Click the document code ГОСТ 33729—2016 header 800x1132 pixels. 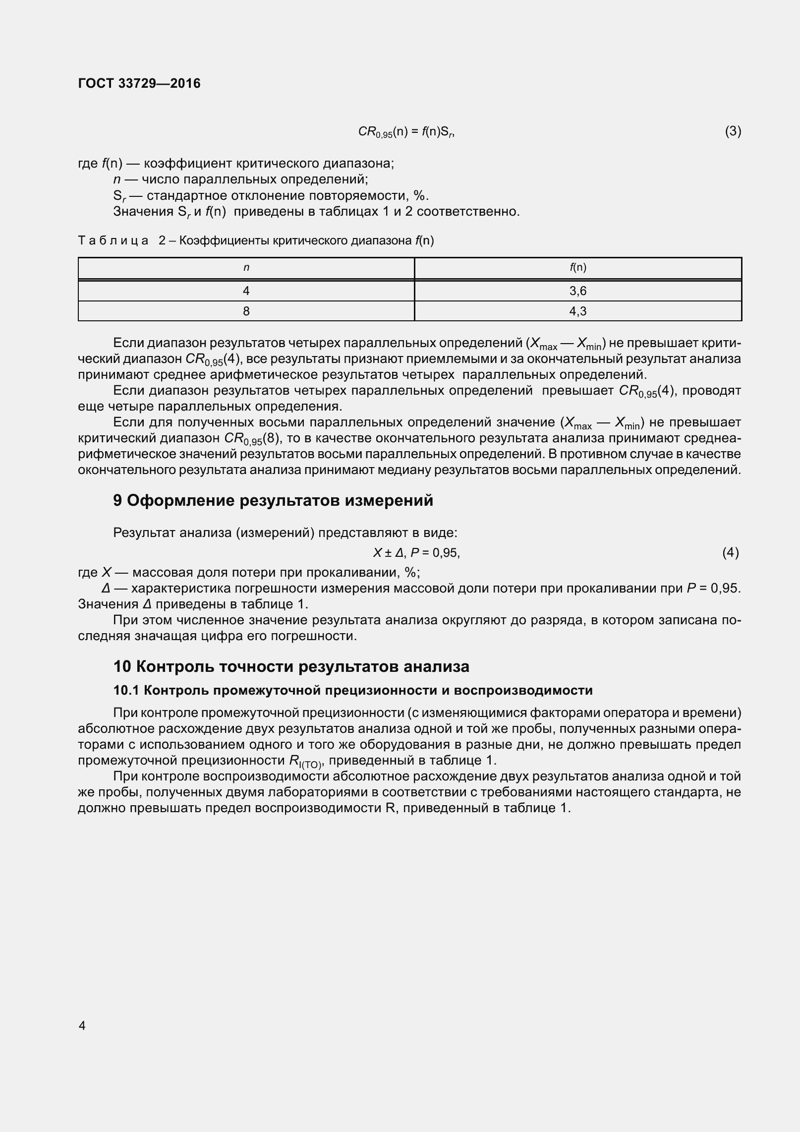pyautogui.click(x=139, y=83)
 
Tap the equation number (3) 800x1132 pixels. pyautogui.click(x=733, y=131)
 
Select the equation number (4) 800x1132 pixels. pyautogui.click(x=730, y=552)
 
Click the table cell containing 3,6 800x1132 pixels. pyautogui.click(x=577, y=291)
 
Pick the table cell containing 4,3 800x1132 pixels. pyautogui.click(x=577, y=311)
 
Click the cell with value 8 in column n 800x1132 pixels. pyautogui.click(x=246, y=311)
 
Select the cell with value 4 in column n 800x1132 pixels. pyautogui.click(x=246, y=291)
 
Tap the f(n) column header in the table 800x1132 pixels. pyautogui.click(x=577, y=268)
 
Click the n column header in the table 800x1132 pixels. pyautogui.click(x=246, y=268)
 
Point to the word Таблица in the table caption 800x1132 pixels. pyautogui.click(x=113, y=241)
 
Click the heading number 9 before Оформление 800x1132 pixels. pyautogui.click(x=117, y=501)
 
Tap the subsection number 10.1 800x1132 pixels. pyautogui.click(x=126, y=690)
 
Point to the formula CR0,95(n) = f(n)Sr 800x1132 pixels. pyautogui.click(x=406, y=132)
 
